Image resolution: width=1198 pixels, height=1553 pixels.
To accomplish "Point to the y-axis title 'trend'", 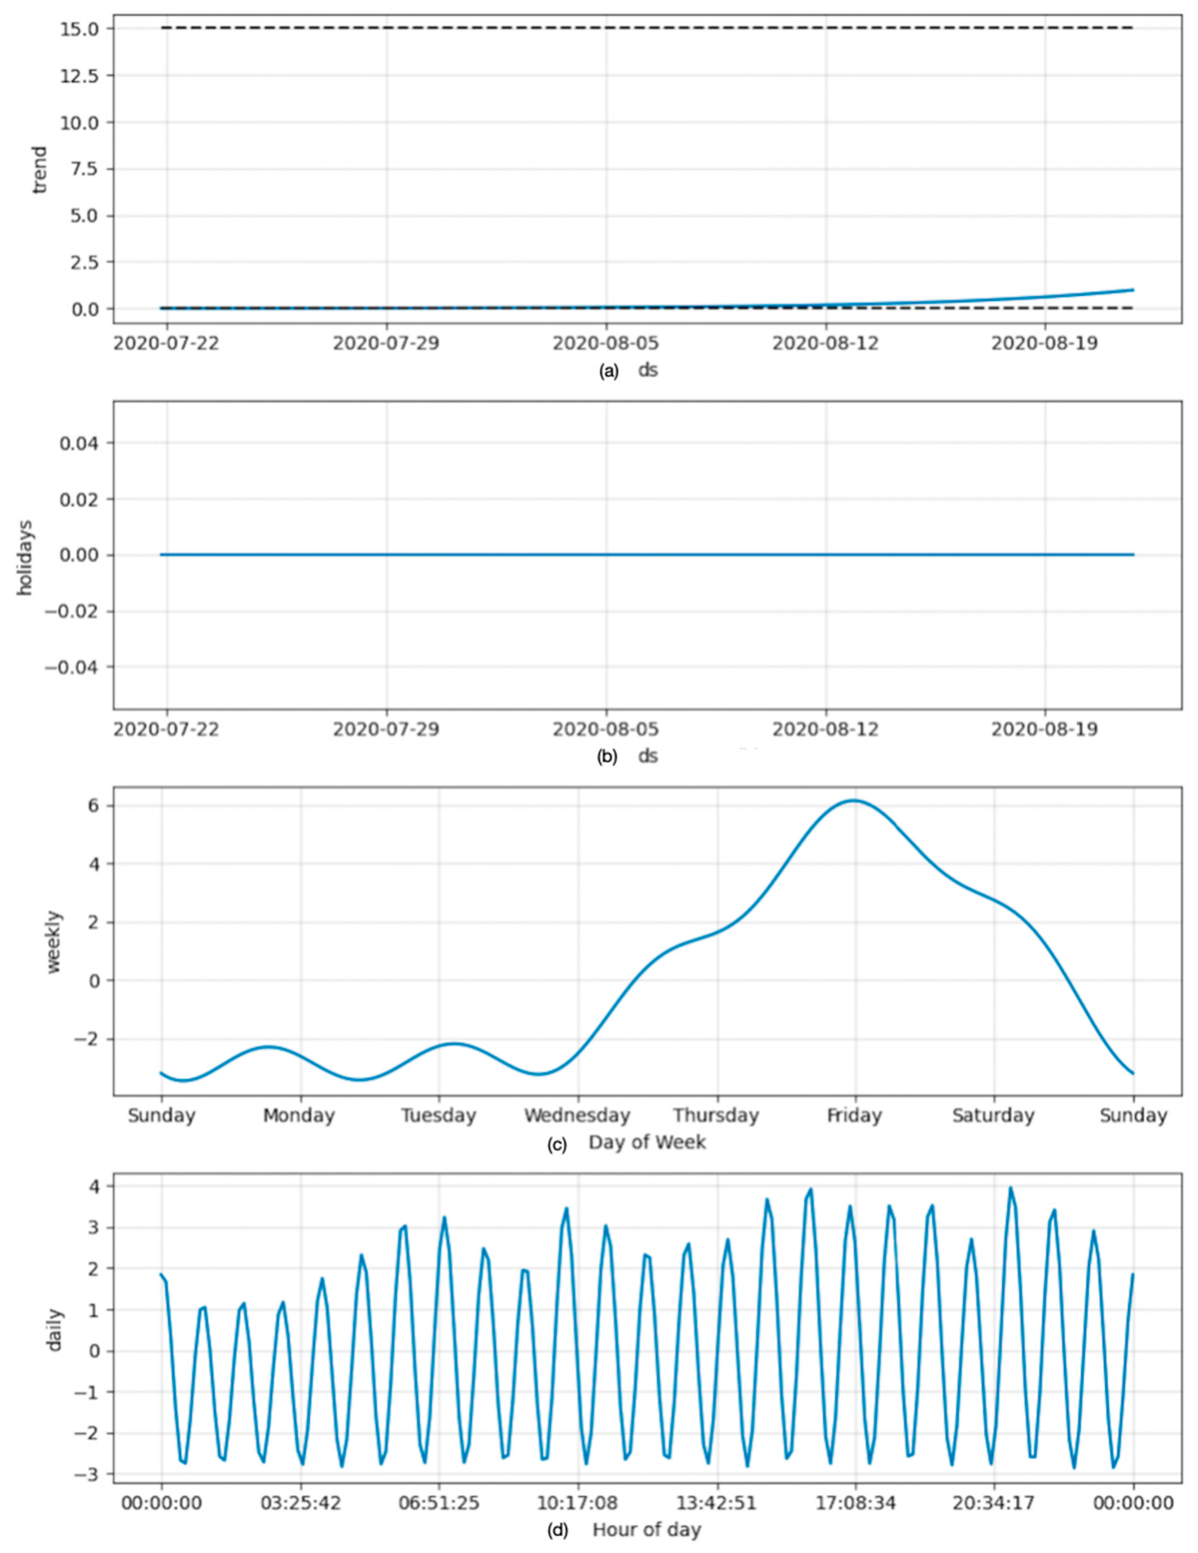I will [41, 169].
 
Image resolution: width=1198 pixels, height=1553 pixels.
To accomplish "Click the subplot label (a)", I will [609, 371].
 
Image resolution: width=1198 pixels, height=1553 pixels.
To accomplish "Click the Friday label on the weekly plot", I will [854, 1115].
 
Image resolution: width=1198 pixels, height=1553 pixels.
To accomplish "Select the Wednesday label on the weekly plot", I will [577, 1115].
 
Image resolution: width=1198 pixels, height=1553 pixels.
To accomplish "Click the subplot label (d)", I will [557, 1530].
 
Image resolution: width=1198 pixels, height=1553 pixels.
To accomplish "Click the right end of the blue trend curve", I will [1133, 289].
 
